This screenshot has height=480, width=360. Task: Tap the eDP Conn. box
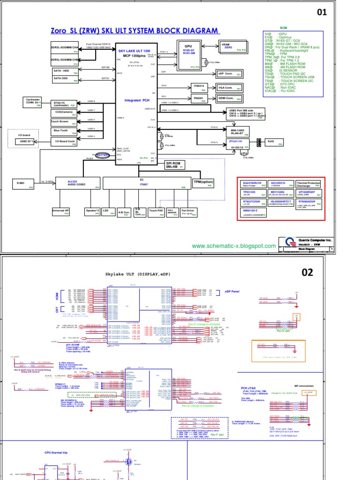coord(229,74)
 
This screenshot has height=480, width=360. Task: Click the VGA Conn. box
coord(229,88)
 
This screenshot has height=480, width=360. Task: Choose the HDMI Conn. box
coord(229,98)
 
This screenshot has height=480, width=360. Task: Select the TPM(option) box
coord(203,182)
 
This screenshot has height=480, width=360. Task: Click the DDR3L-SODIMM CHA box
coord(64,47)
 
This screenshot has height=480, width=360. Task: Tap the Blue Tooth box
coord(64,131)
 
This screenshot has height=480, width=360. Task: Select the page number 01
coord(321,12)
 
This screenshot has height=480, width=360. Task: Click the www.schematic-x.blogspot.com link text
coord(234,246)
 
